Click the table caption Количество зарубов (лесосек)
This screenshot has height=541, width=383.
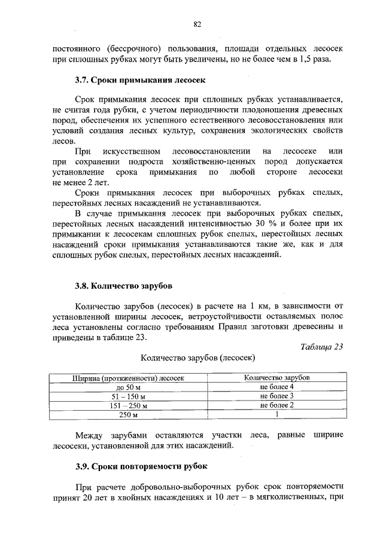pos(197,358)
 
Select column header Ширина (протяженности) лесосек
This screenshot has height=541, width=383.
pos(129,378)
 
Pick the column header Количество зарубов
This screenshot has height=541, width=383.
pos(276,378)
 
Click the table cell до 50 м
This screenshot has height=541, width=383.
pos(129,387)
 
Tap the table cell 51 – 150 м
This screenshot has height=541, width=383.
pos(129,396)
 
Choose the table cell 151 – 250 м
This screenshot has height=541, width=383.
pos(129,405)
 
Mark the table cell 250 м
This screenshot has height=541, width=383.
pos(129,414)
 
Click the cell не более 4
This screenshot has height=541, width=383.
pos(276,387)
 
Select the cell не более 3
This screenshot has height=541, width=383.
pos(276,396)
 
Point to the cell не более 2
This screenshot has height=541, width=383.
pos(276,405)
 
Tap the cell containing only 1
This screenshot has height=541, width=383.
pos(277,414)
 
